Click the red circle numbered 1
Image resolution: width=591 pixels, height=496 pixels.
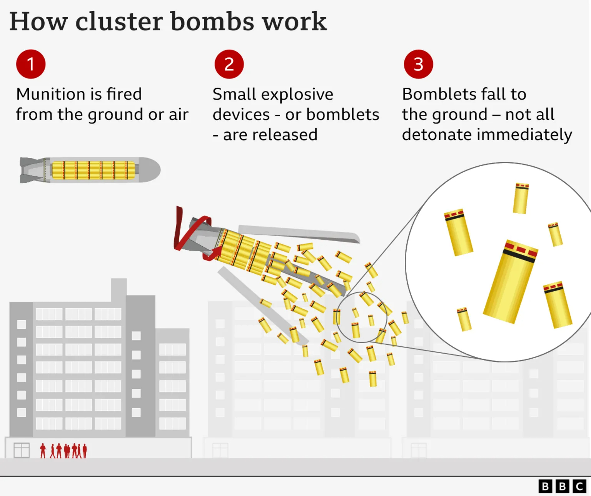[x=31, y=64]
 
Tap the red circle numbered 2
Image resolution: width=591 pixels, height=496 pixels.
[x=229, y=64]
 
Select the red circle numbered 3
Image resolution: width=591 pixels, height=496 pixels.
[x=418, y=64]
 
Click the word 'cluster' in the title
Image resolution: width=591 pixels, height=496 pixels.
[x=119, y=22]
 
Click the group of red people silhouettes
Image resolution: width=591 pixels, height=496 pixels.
[x=64, y=451]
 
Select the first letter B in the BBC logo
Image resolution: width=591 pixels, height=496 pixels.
[x=545, y=486]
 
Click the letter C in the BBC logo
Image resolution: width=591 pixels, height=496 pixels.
[x=579, y=486]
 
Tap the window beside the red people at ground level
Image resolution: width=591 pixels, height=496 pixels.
[x=22, y=450]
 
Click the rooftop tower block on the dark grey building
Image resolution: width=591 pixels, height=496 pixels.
[x=119, y=289]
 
